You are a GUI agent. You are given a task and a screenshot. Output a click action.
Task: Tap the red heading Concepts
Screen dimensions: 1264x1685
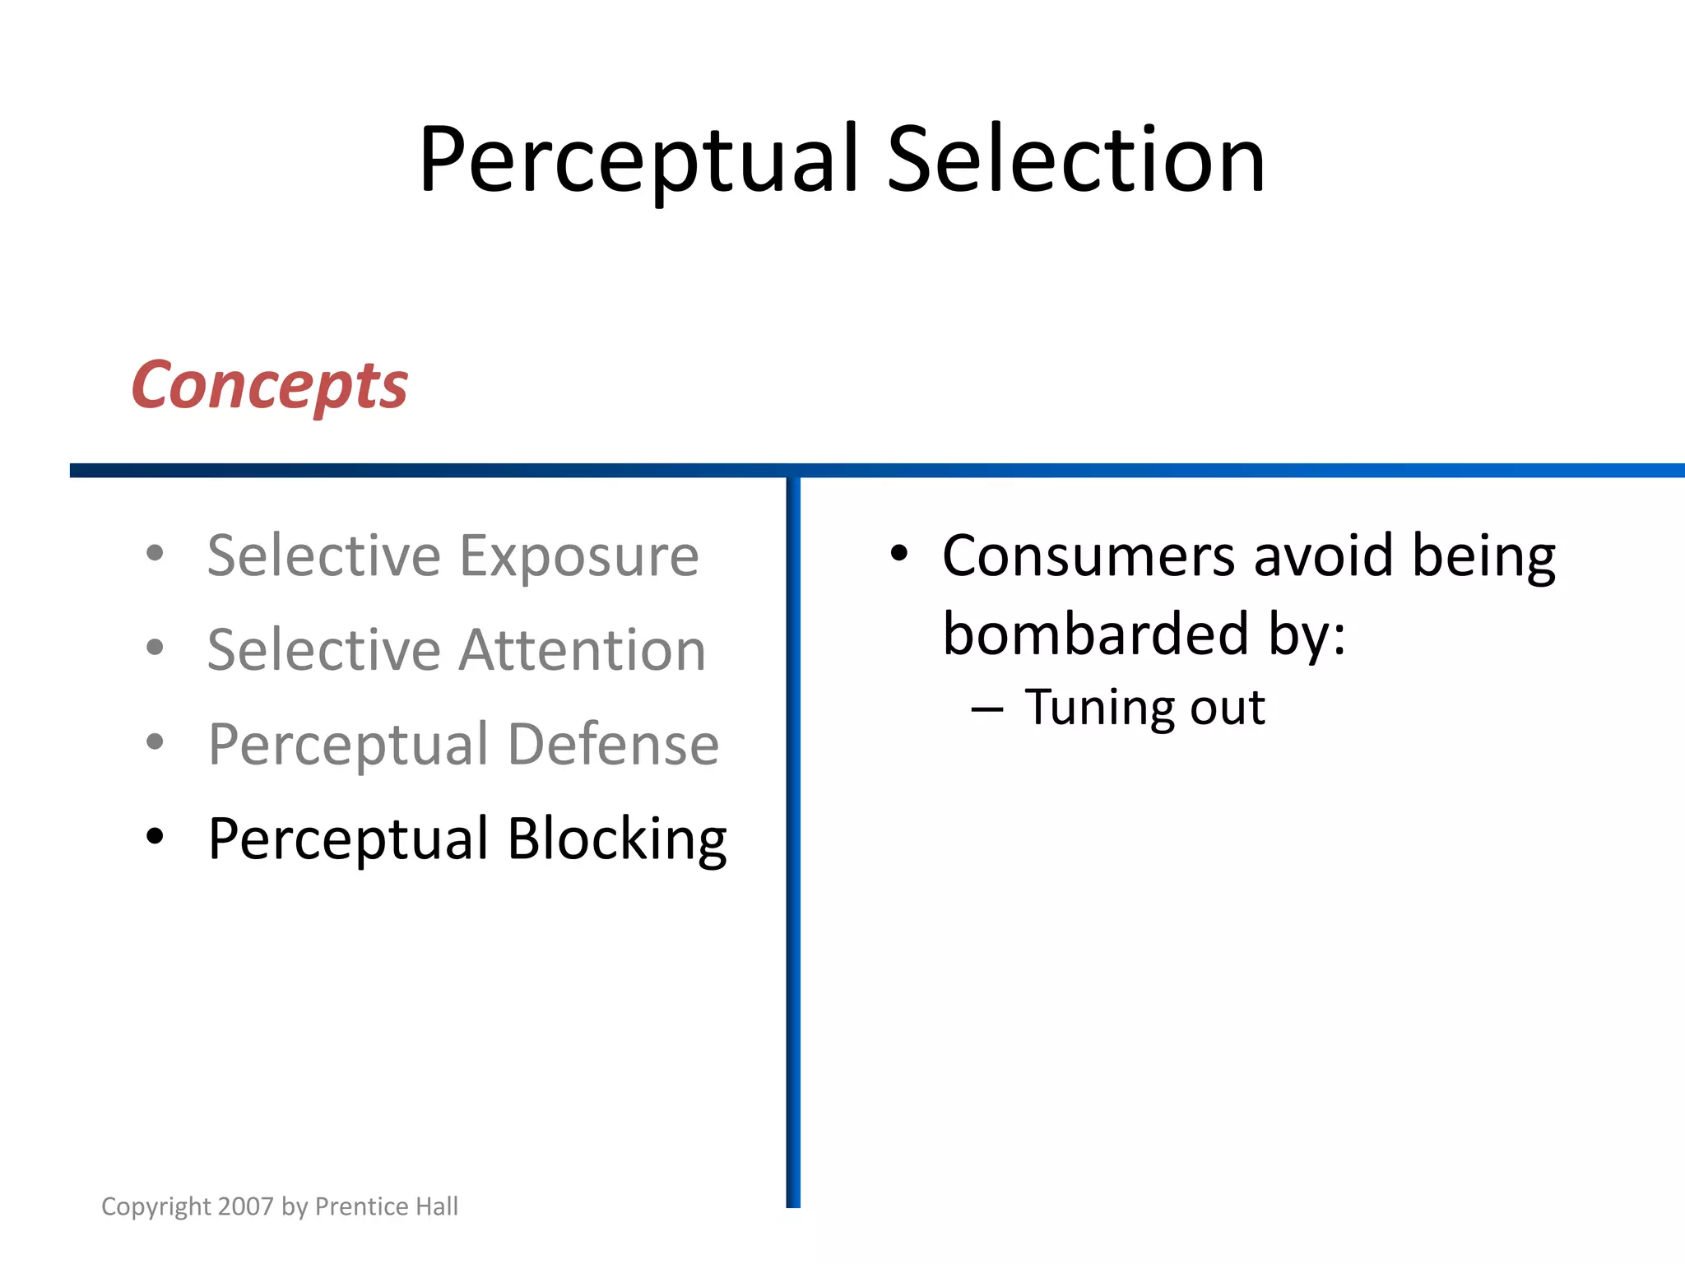[269, 385]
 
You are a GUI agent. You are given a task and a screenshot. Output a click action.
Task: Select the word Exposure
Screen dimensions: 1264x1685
[578, 558]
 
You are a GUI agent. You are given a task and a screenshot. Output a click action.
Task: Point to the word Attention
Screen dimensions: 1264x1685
[582, 650]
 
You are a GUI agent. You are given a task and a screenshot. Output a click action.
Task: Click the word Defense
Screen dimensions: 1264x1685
[613, 744]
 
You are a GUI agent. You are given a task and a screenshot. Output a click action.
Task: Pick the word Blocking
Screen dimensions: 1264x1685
[616, 839]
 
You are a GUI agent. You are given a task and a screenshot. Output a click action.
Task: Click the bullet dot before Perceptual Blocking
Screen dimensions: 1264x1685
[155, 836]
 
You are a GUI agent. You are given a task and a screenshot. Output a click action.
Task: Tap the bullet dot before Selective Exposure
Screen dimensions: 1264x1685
[155, 553]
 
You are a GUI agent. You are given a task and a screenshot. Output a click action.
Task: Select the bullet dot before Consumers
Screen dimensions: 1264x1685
[899, 553]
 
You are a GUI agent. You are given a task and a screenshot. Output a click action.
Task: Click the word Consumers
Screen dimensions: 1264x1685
[1088, 555]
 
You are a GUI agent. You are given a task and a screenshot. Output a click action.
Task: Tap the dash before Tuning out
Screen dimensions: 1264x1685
[986, 709]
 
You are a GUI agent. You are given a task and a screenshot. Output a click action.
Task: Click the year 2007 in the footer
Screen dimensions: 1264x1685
[246, 1206]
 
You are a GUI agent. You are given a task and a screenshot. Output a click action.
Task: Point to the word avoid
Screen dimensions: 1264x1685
[1324, 555]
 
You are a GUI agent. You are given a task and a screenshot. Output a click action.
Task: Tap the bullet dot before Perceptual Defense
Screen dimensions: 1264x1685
[155, 741]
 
